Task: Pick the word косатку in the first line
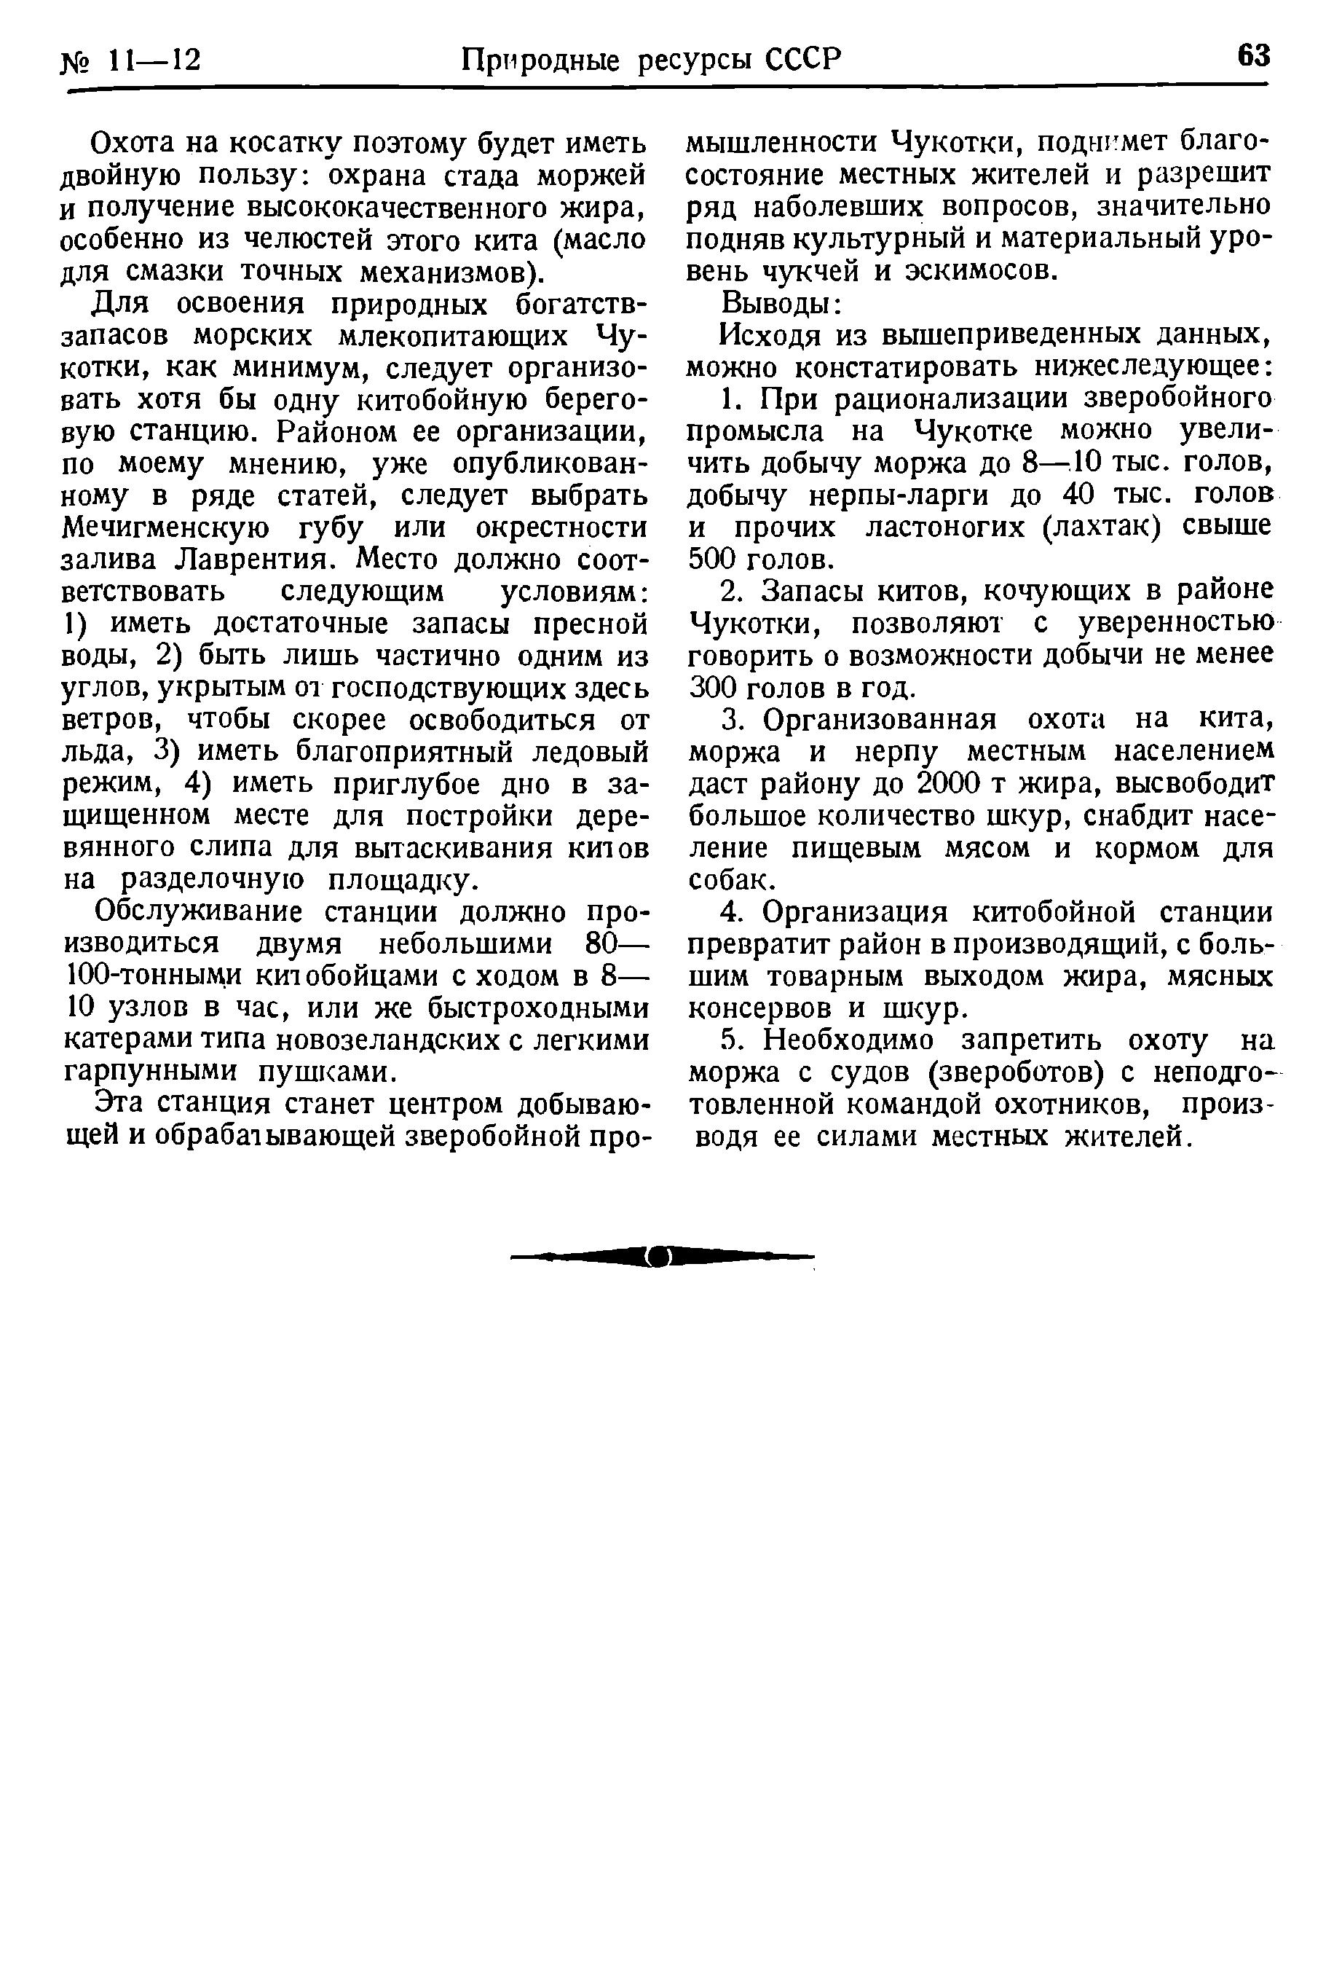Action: click(x=283, y=143)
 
